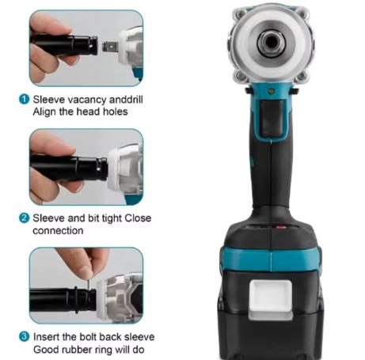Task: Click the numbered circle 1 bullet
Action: [24, 100]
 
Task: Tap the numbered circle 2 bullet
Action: [24, 218]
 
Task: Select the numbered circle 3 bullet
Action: [24, 337]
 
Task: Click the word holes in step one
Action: [116, 112]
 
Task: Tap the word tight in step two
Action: [112, 218]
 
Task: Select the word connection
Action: [58, 231]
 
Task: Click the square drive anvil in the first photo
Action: [110, 47]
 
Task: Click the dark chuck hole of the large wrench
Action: [271, 42]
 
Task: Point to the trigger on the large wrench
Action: [272, 117]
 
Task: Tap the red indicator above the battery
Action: [281, 227]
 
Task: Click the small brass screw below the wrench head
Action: [271, 92]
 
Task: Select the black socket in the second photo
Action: [69, 169]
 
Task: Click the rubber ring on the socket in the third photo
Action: [76, 300]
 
